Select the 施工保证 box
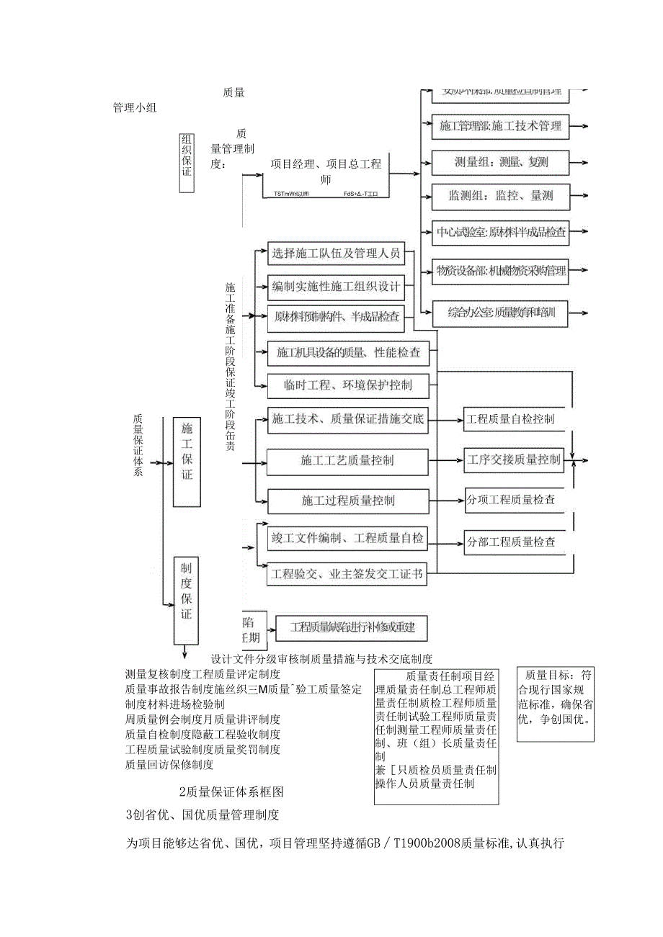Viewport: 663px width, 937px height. click(x=187, y=461)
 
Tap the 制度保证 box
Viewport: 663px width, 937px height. click(x=186, y=600)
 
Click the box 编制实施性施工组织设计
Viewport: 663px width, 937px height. click(x=336, y=287)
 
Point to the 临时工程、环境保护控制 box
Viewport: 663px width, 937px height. click(x=348, y=385)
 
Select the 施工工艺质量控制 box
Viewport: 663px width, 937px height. click(x=347, y=460)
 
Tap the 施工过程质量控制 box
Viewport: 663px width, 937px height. click(x=347, y=500)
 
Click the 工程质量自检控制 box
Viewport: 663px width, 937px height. click(x=510, y=418)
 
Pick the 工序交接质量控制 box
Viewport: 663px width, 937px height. click(x=513, y=459)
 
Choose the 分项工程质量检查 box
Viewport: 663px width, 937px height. click(x=511, y=499)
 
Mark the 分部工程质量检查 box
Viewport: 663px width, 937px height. click(x=511, y=542)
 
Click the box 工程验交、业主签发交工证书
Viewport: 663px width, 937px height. click(x=347, y=575)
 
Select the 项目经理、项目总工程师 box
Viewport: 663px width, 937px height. click(x=326, y=171)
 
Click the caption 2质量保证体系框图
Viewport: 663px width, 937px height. click(x=231, y=792)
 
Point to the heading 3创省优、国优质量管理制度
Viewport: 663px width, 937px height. click(x=202, y=815)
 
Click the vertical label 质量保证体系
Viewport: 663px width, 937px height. click(x=138, y=445)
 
